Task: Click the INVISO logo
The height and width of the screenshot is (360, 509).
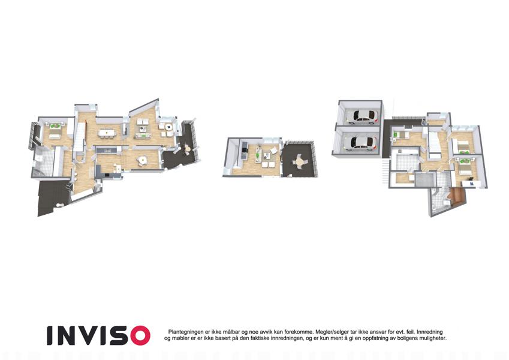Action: click(x=98, y=335)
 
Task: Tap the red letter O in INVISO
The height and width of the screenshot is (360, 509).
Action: click(x=140, y=335)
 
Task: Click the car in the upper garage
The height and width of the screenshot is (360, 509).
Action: click(x=362, y=116)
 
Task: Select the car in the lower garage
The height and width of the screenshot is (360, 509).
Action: click(x=360, y=143)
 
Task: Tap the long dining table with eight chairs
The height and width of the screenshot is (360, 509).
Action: click(x=107, y=133)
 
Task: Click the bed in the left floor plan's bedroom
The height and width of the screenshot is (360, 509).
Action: click(x=55, y=131)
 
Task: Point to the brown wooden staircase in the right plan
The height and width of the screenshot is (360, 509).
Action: click(x=456, y=196)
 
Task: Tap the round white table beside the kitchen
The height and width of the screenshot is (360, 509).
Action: click(x=142, y=160)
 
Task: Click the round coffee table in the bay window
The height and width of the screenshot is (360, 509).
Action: click(x=168, y=127)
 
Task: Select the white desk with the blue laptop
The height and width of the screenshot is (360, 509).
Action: click(x=471, y=184)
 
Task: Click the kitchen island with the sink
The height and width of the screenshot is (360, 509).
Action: click(x=108, y=150)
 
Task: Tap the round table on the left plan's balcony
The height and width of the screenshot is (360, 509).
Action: click(x=187, y=149)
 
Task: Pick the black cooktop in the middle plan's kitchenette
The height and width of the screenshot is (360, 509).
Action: click(x=245, y=150)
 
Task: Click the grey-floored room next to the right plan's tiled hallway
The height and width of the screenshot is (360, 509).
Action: click(x=425, y=179)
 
